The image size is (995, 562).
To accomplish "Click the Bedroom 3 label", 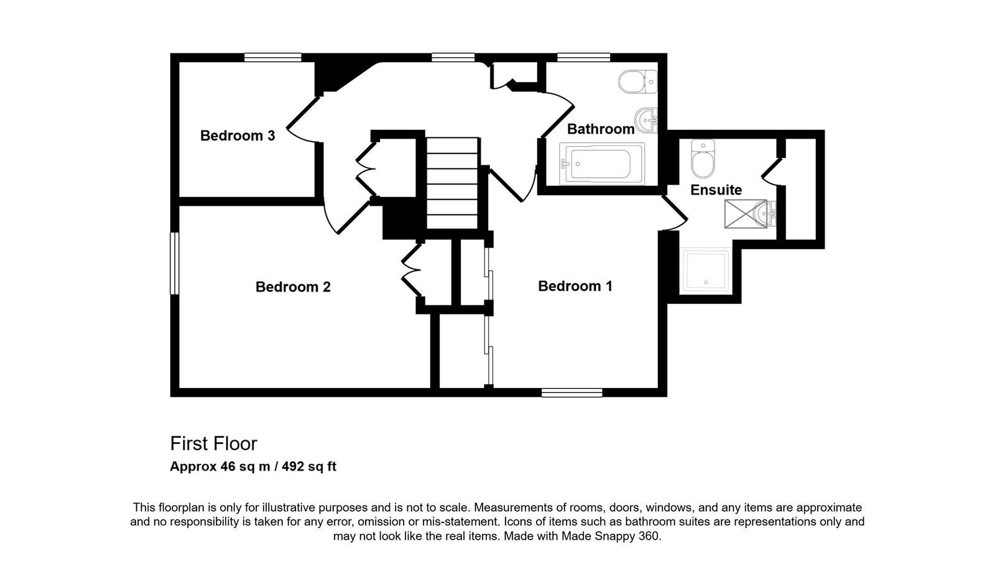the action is click(x=238, y=136).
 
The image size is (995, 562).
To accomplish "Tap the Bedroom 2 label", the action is click(x=293, y=287).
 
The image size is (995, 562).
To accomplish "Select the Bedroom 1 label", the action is click(x=575, y=286).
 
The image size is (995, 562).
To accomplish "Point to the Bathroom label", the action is click(x=601, y=129).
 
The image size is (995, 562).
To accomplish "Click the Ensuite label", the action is click(x=716, y=190).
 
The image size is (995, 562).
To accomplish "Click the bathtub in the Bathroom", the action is click(x=601, y=164).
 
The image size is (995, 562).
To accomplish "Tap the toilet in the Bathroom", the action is click(x=637, y=81).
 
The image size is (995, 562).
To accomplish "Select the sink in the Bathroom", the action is click(x=646, y=120).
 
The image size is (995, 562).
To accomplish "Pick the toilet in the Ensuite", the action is click(x=703, y=159).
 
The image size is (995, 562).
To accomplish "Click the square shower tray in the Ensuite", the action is click(x=706, y=271).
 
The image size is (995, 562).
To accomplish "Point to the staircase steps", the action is click(x=452, y=183).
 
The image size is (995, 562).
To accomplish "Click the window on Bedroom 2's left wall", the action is click(x=175, y=263).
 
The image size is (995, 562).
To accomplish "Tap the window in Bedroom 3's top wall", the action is click(x=273, y=57).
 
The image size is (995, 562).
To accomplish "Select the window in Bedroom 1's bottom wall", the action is click(x=572, y=392).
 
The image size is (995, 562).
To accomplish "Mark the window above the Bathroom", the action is click(x=584, y=57).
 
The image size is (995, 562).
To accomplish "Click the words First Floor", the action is click(x=214, y=443).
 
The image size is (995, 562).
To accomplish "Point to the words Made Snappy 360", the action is click(x=611, y=537).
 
